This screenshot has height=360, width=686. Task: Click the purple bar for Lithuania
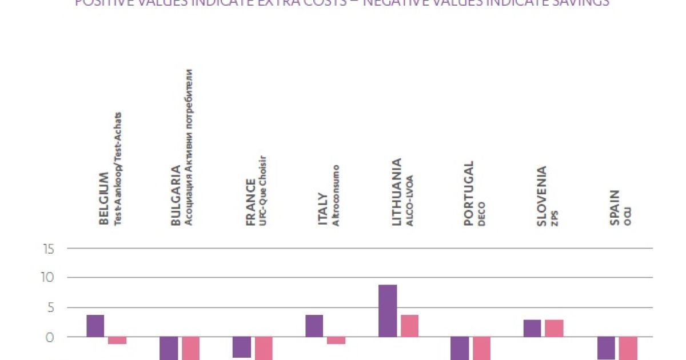click(388, 310)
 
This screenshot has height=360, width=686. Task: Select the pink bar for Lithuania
click(409, 325)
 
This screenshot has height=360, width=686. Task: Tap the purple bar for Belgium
click(95, 325)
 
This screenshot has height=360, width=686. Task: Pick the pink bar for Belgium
click(117, 340)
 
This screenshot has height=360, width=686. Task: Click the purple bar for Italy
click(314, 325)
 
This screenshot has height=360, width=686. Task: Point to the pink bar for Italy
click(336, 340)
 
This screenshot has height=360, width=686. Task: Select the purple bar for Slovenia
click(532, 328)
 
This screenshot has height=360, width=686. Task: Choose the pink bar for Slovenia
click(554, 328)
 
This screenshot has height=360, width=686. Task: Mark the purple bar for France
click(242, 347)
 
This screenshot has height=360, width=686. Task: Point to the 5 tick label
click(50, 308)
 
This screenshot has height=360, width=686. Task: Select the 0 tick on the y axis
click(50, 337)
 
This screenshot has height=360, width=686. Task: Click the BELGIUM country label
click(104, 198)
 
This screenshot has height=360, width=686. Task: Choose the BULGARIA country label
click(176, 195)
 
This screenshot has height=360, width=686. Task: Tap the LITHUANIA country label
click(397, 191)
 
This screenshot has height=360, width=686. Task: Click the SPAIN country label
click(615, 208)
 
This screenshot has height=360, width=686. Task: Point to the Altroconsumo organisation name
click(336, 195)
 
